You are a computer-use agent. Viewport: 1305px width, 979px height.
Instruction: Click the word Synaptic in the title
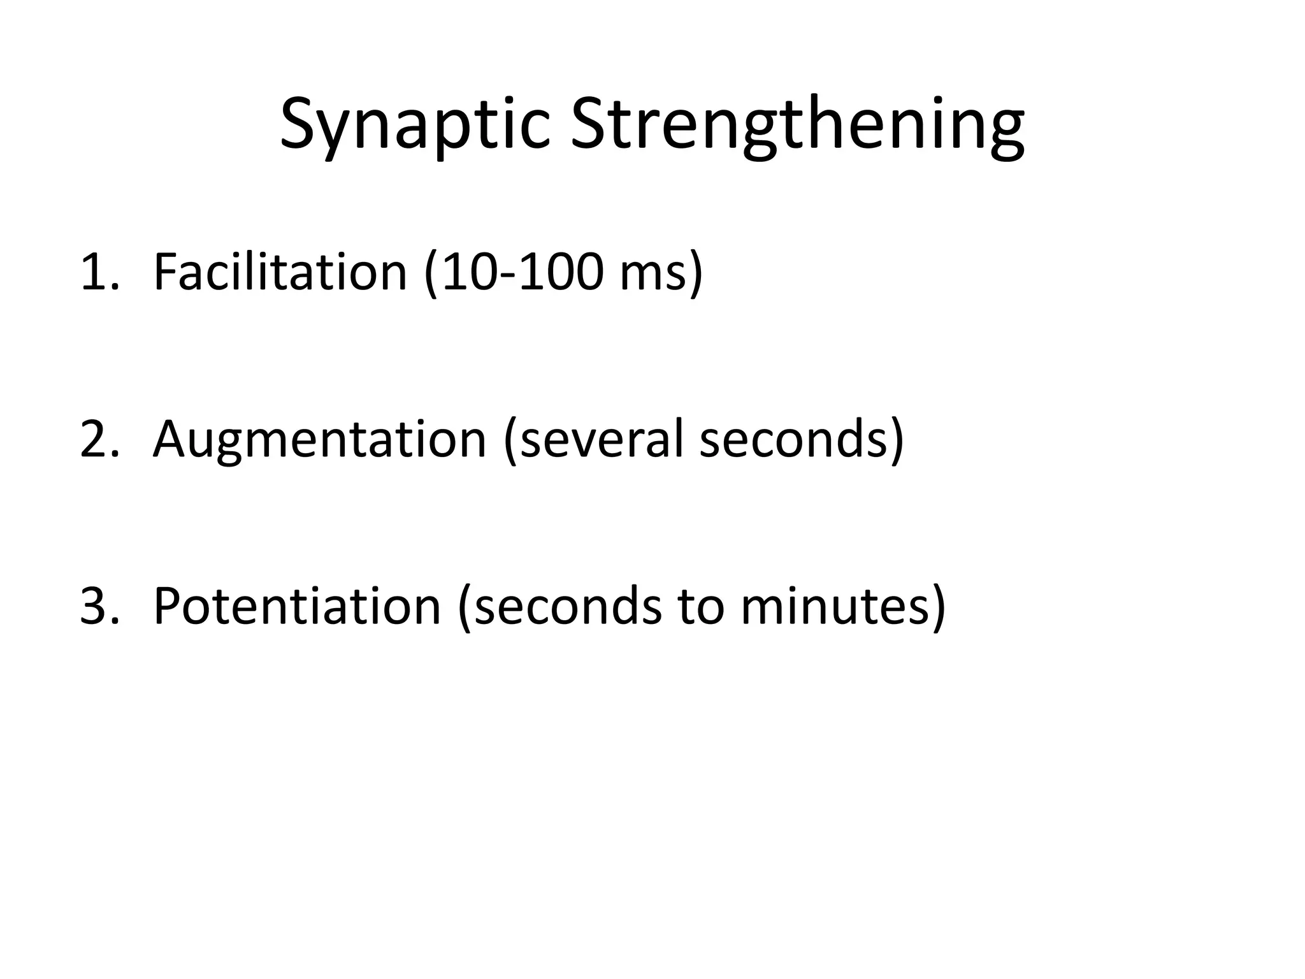point(414,124)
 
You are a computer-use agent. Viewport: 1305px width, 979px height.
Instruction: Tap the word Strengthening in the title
point(797,124)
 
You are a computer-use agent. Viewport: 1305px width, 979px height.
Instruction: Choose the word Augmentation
point(319,439)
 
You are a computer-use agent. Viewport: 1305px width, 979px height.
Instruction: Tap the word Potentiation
point(297,606)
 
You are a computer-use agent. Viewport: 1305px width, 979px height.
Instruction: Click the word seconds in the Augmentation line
point(793,439)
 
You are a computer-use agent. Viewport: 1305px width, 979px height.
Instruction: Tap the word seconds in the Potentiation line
point(568,606)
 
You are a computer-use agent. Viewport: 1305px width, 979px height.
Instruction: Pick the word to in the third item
point(701,606)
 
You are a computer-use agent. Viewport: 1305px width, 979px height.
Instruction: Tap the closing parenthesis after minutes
point(938,607)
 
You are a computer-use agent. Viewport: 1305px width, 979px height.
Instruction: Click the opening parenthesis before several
point(510,440)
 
